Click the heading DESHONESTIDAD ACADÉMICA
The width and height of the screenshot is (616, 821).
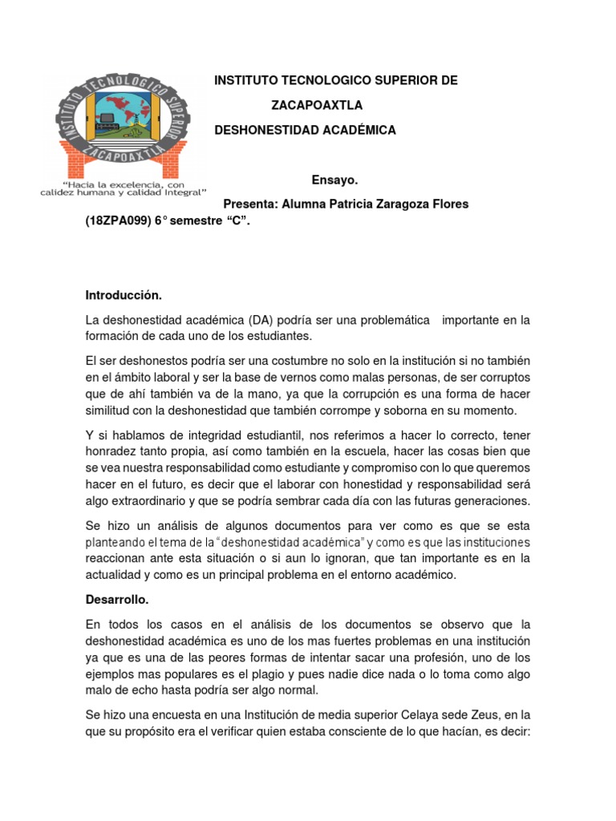(305, 130)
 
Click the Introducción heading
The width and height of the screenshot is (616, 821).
(124, 295)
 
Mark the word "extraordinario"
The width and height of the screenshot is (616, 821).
(143, 500)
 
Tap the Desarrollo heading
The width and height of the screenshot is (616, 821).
(118, 599)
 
